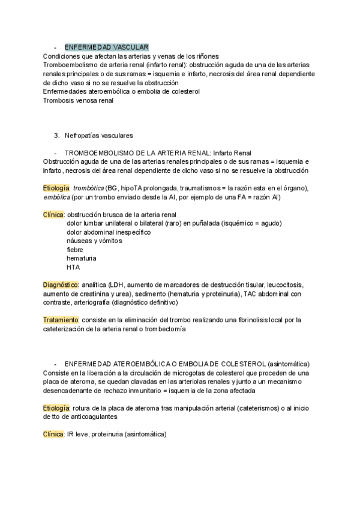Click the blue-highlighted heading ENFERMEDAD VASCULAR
[106, 47]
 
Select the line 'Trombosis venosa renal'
[78, 100]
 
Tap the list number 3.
[56, 136]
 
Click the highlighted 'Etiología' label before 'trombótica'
[56, 188]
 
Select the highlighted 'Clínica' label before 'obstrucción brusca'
[54, 214]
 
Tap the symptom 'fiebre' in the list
[75, 249]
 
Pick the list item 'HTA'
[73, 267]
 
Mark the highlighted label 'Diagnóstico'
[61, 285]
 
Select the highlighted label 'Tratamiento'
[61, 320]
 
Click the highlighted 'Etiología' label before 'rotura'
[56, 408]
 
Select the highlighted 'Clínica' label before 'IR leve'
[54, 434]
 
